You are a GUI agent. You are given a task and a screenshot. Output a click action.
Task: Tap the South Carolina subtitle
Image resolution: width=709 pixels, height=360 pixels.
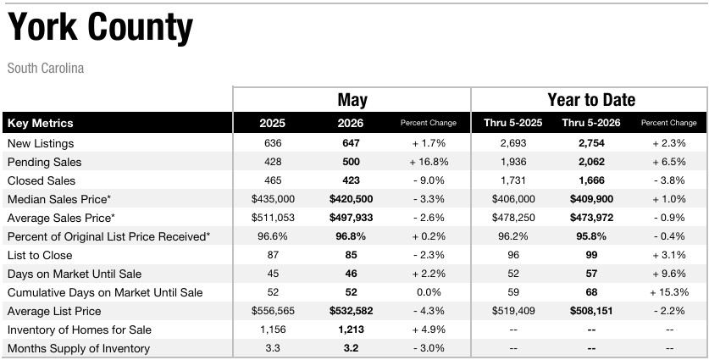[46, 69]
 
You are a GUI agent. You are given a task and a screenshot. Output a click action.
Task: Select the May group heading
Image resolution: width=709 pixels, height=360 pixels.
[352, 100]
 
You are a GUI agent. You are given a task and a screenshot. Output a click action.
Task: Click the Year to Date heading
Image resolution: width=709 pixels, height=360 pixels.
[591, 99]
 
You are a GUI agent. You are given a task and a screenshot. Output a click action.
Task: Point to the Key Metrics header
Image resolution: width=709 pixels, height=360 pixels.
[41, 123]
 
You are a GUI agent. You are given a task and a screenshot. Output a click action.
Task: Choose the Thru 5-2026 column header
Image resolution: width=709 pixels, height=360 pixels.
[591, 123]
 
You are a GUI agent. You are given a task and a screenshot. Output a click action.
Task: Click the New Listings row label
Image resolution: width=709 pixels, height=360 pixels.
[41, 144]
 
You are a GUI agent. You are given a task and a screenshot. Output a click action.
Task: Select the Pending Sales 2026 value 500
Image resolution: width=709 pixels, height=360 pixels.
[351, 162]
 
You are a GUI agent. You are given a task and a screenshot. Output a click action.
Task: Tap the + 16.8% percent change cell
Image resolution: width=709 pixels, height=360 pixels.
[429, 162]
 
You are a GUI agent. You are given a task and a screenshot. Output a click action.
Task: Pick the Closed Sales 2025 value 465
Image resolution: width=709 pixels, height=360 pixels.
[273, 180]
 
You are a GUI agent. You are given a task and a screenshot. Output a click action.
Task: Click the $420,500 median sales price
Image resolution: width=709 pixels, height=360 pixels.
[351, 199]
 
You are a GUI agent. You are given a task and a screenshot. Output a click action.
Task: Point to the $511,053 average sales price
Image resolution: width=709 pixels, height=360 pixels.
[273, 218]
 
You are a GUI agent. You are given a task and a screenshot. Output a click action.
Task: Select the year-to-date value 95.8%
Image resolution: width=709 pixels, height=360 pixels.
[591, 236]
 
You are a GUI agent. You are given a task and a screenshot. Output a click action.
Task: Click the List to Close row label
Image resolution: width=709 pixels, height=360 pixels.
[40, 255]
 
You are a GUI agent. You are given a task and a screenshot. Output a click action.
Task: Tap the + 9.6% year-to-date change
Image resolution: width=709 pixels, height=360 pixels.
[668, 274]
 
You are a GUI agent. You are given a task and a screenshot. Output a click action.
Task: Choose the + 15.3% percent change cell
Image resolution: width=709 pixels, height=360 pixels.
[668, 292]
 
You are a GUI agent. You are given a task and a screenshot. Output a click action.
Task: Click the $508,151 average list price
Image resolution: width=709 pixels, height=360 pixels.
[591, 311]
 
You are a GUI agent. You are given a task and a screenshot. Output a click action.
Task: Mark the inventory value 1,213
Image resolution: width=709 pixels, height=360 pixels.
[351, 330]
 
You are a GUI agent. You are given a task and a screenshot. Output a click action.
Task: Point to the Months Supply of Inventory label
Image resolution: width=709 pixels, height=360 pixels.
[79, 349]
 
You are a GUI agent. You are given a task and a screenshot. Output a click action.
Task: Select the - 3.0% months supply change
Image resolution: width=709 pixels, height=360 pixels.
[429, 348]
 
